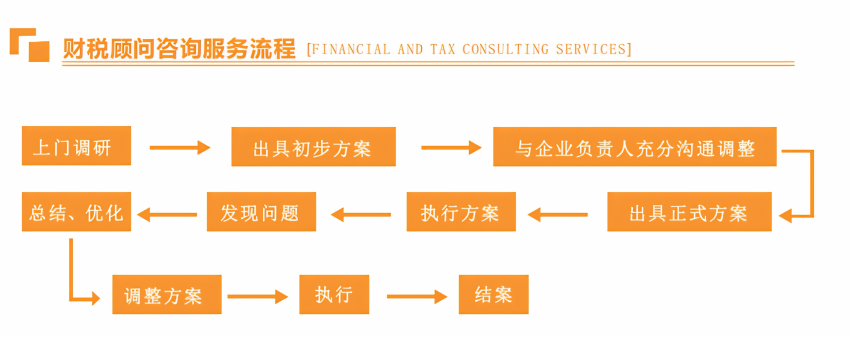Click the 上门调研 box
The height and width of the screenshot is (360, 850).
click(x=76, y=146)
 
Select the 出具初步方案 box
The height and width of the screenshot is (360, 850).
click(x=313, y=146)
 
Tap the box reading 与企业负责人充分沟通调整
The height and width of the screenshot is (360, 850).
click(x=635, y=146)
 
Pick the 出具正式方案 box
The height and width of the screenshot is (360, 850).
click(x=689, y=211)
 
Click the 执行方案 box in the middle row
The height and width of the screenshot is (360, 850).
click(x=461, y=211)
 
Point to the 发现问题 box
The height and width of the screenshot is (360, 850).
click(x=261, y=211)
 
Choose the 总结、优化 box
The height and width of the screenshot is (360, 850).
click(x=76, y=211)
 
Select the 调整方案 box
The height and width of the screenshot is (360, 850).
click(x=167, y=294)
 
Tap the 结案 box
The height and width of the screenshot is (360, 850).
click(x=493, y=294)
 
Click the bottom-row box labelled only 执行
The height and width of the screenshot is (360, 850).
click(x=334, y=294)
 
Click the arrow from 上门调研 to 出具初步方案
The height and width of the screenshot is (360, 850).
click(x=180, y=147)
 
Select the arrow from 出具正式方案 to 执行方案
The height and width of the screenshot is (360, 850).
click(x=558, y=215)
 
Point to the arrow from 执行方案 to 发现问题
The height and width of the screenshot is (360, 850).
click(x=361, y=215)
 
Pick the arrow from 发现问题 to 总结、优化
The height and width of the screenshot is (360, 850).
click(x=167, y=215)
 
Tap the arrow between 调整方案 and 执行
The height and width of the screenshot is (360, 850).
click(x=257, y=297)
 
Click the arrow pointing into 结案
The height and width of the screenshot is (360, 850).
click(x=417, y=297)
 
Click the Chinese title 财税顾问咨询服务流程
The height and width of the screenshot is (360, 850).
click(x=179, y=49)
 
